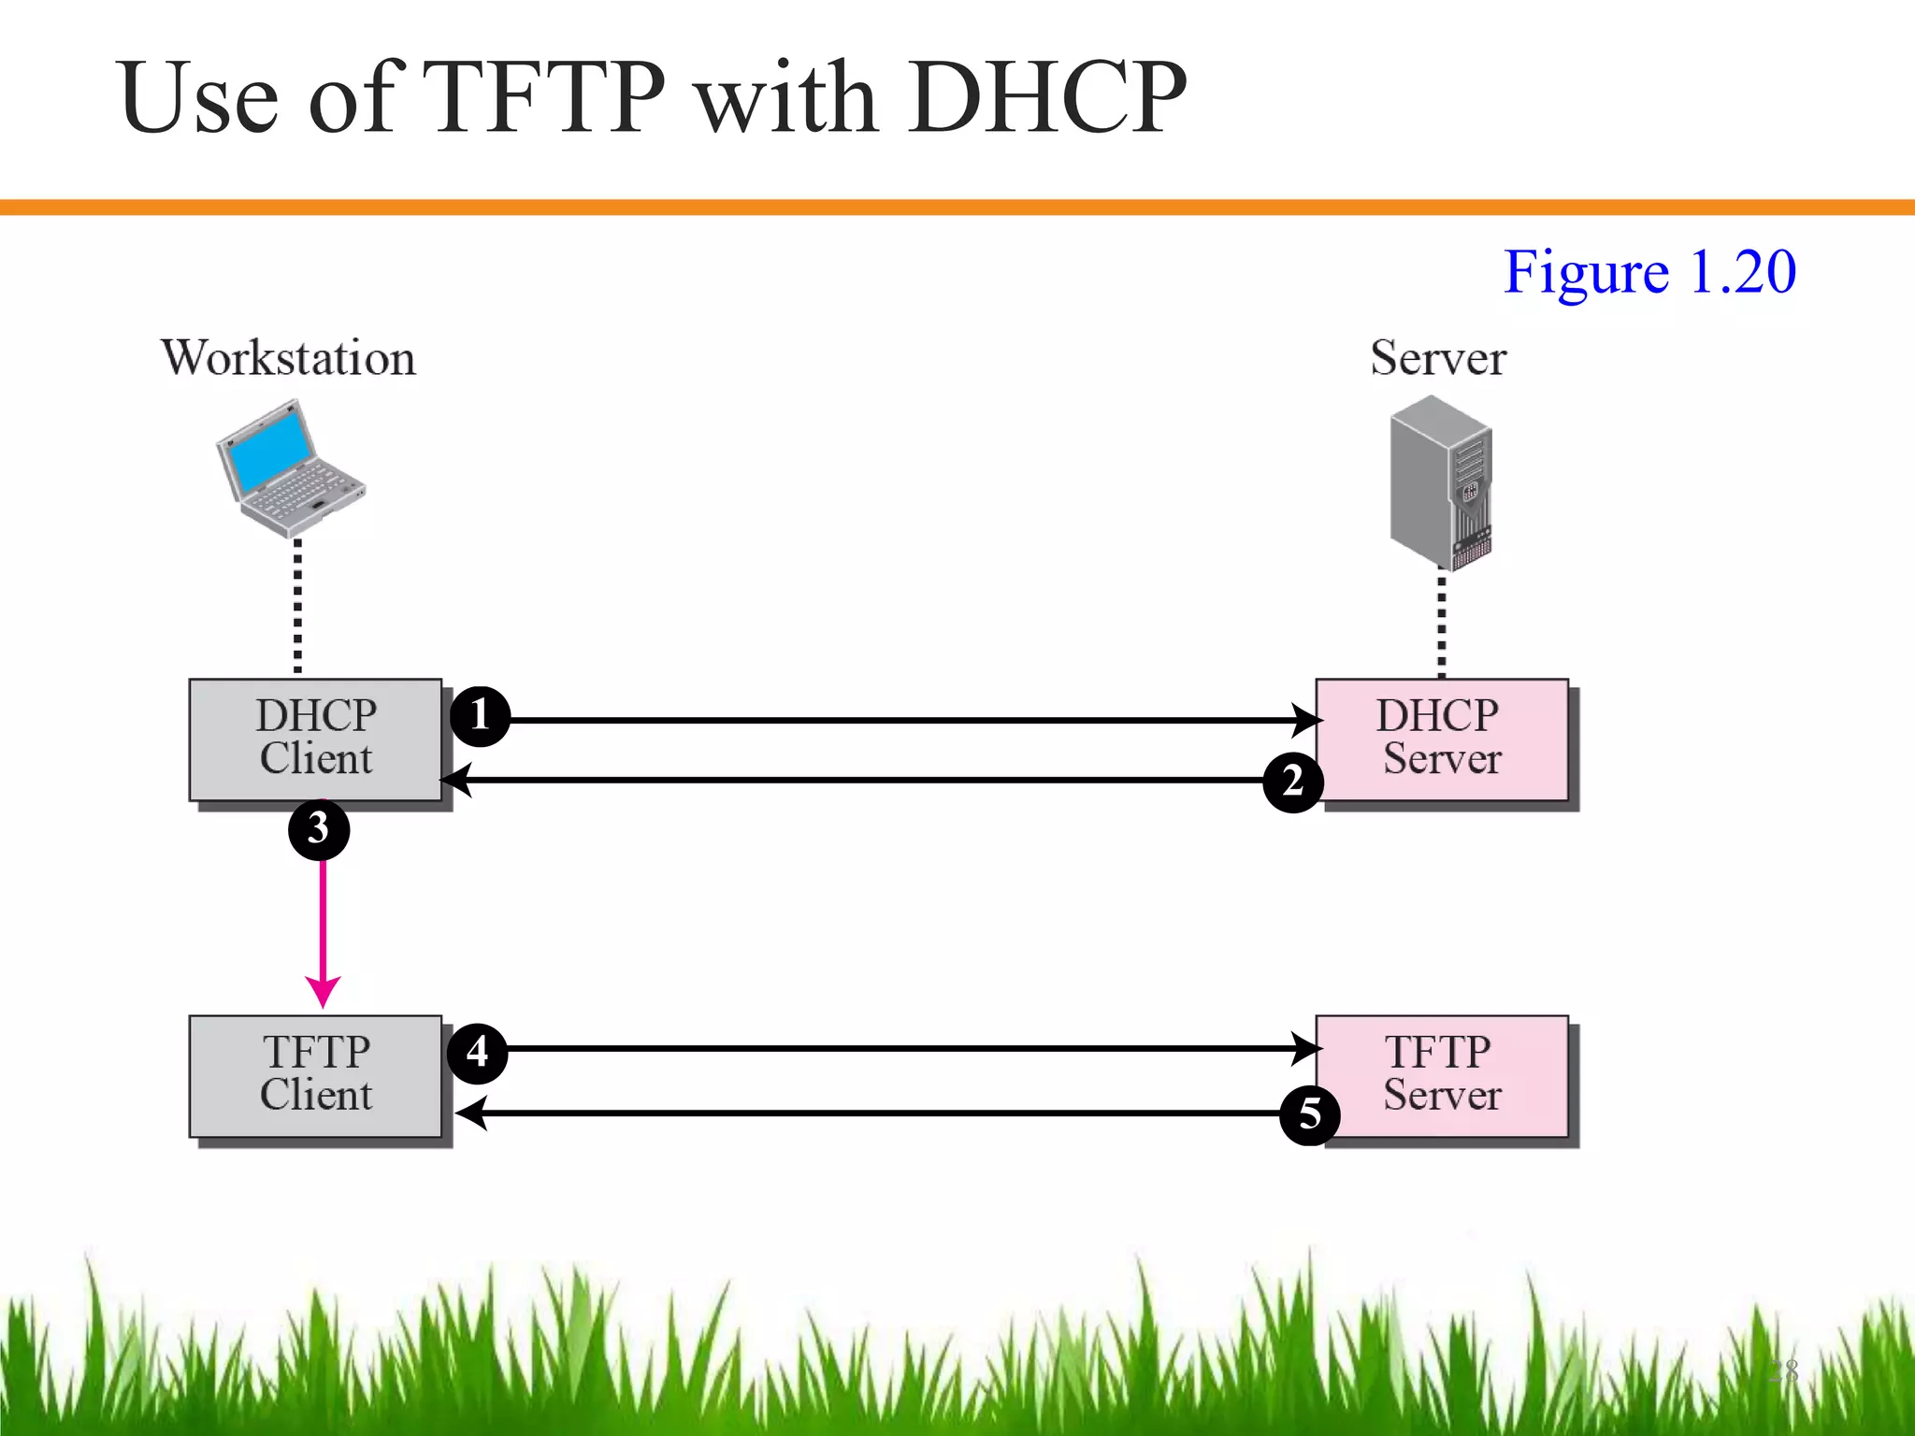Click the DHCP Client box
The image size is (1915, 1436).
click(315, 739)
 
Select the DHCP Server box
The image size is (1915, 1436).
click(1441, 739)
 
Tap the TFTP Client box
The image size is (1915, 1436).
click(315, 1075)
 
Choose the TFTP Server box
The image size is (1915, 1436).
click(1441, 1075)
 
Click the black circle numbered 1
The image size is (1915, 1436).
click(480, 716)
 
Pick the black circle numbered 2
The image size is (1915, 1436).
click(1292, 782)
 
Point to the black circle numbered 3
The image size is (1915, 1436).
click(319, 829)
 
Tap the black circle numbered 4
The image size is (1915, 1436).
click(478, 1053)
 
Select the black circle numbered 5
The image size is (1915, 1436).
click(1309, 1114)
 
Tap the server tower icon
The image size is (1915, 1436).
click(1440, 481)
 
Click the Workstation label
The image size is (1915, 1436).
click(288, 358)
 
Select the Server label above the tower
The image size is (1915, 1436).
click(1438, 358)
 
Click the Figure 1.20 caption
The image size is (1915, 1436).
click(1649, 272)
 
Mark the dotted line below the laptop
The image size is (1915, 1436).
click(297, 606)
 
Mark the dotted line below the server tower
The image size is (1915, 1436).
click(1441, 624)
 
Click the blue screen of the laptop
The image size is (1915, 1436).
click(274, 451)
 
